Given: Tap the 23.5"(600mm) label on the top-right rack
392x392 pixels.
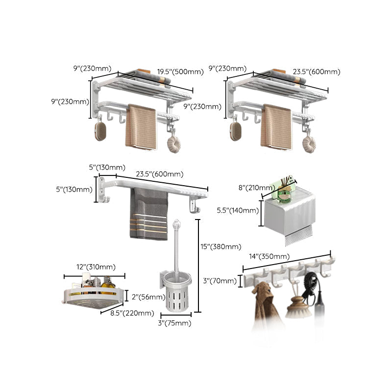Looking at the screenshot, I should point(316,72).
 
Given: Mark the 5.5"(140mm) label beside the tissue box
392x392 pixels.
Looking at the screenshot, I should point(237,211).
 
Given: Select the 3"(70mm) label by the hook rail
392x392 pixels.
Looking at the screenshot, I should point(219,281).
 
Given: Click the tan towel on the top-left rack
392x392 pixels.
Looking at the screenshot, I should point(140,127).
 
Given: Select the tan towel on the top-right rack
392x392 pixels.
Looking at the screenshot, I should point(276,127).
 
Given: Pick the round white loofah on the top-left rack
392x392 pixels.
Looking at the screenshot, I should point(173,146).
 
